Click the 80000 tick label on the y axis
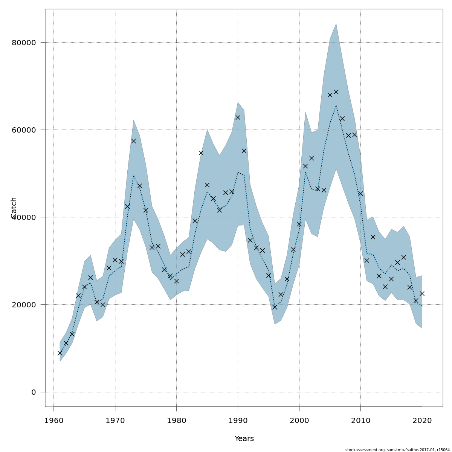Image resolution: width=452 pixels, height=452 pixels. tap(24, 43)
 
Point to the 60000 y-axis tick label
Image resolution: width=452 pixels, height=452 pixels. tap(24, 130)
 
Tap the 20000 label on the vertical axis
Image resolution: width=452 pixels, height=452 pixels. tap(24, 305)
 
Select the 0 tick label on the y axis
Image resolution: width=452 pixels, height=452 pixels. tap(34, 392)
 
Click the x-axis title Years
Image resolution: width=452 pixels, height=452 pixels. tap(244, 439)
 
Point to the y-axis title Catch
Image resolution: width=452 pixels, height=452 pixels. tap(14, 208)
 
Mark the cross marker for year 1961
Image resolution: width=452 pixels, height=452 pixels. tap(60, 353)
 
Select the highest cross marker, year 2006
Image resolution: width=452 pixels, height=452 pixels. tap(336, 92)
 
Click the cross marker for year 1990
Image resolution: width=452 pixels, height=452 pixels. tap(238, 118)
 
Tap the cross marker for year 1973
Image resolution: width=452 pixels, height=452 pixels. tap(133, 141)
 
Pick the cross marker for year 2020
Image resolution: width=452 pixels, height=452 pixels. tap(422, 293)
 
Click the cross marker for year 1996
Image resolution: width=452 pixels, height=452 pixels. tap(275, 307)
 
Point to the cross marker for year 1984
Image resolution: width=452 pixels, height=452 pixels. tap(201, 153)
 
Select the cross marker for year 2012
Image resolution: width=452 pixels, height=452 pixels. tap(373, 237)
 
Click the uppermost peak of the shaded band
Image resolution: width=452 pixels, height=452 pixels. tap(336, 24)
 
